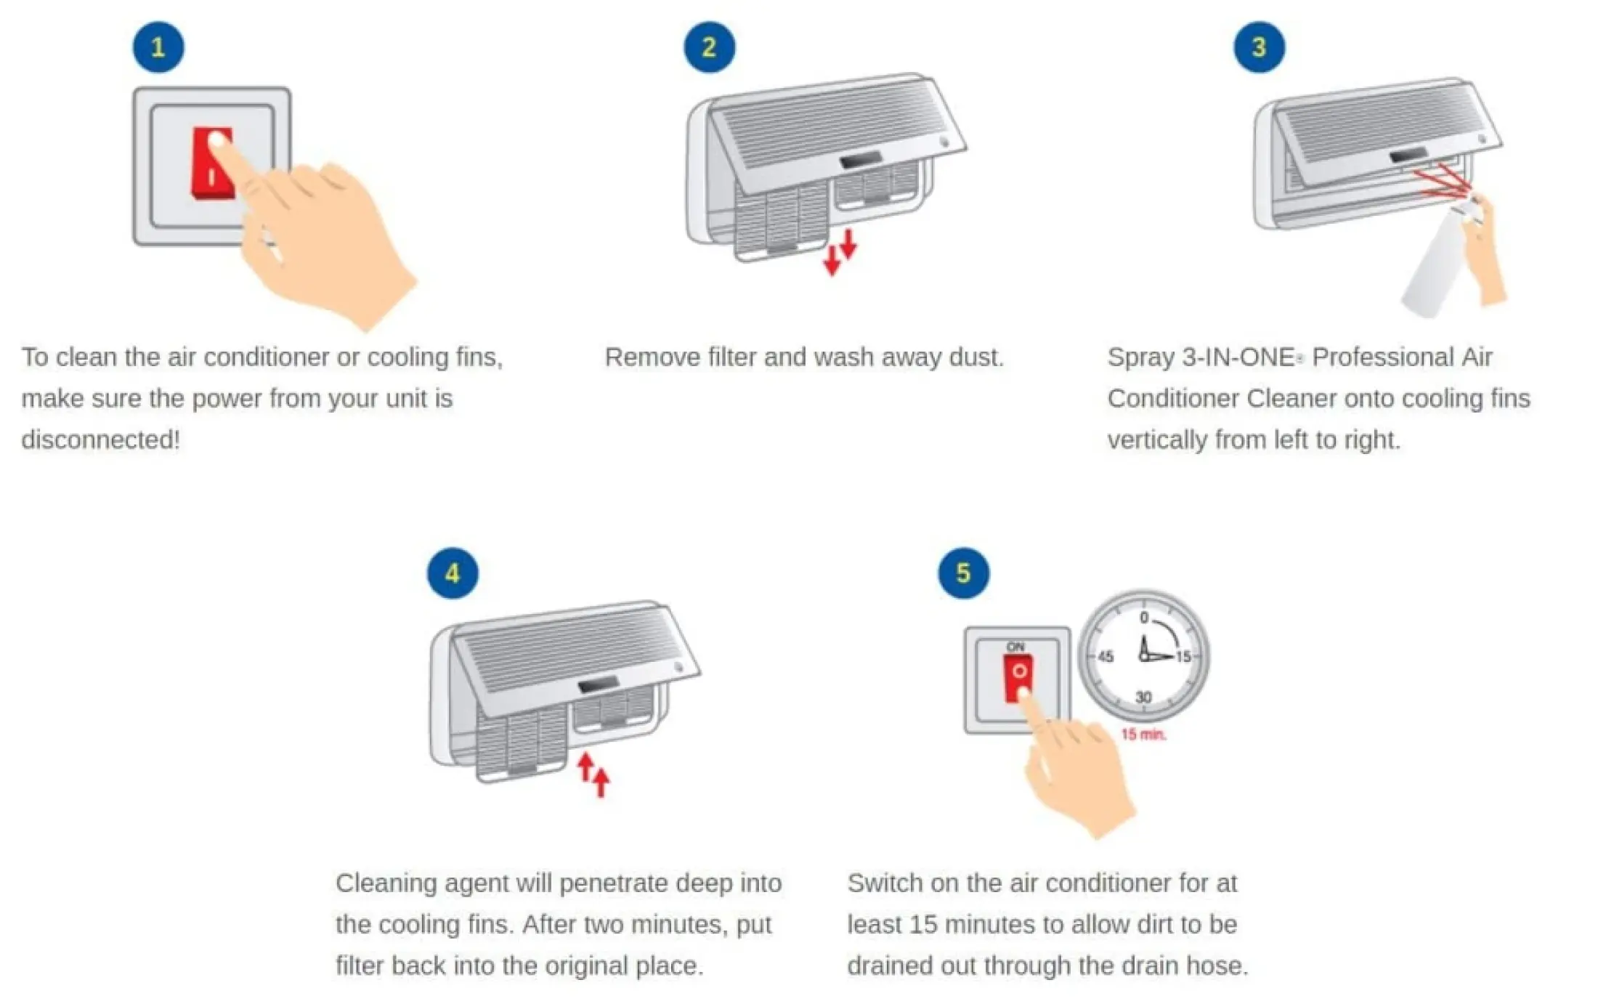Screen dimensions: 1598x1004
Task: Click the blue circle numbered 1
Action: tap(158, 47)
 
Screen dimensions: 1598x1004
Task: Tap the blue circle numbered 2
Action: tap(709, 47)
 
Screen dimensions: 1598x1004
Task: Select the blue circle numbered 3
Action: tap(1259, 47)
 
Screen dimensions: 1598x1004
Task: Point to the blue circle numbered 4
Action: tap(453, 573)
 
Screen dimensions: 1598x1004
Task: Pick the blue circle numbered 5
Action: tap(963, 573)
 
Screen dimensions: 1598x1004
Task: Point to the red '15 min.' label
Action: tap(1143, 734)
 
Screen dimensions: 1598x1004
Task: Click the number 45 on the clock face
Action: tap(1106, 657)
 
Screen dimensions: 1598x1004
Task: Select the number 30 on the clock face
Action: tap(1143, 697)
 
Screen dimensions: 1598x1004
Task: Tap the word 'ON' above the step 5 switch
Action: tap(1015, 647)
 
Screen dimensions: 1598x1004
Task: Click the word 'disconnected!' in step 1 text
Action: tap(100, 440)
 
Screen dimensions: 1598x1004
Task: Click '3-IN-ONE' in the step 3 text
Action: tap(1238, 357)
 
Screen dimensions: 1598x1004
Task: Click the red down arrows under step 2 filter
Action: tap(840, 252)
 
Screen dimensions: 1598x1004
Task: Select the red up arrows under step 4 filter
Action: tap(593, 774)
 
